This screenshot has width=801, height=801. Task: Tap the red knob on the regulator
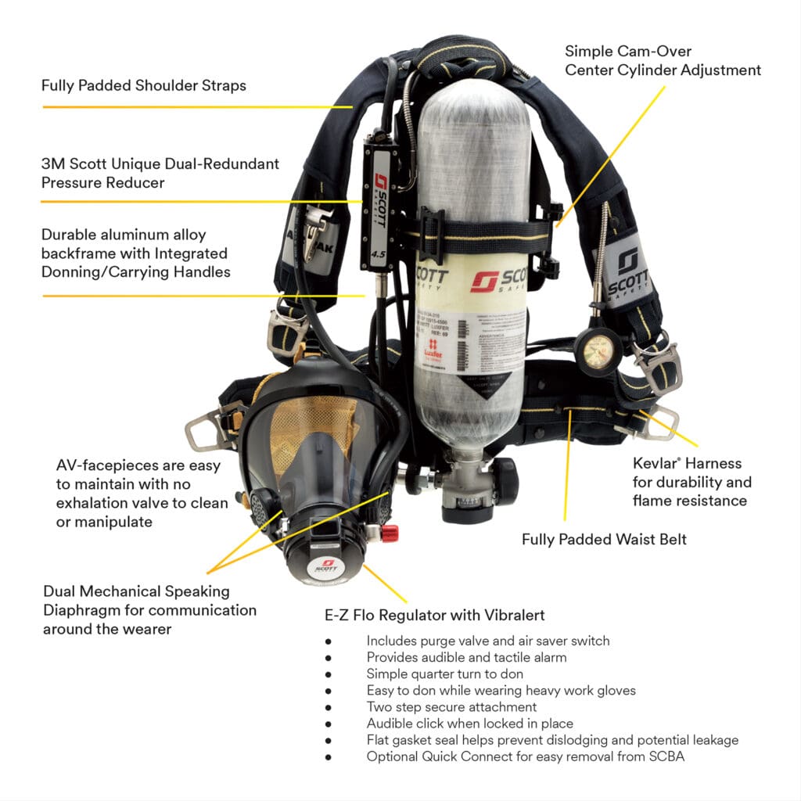point(388,533)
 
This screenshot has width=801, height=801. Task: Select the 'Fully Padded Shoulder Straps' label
point(144,85)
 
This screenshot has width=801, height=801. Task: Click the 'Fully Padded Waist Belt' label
point(604,539)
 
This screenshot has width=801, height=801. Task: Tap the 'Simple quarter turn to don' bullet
point(444,673)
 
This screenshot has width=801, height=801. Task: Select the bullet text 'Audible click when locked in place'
point(469,724)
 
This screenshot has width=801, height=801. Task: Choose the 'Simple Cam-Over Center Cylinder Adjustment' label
point(663,60)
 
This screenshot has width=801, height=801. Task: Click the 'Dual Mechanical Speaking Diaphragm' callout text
point(149,610)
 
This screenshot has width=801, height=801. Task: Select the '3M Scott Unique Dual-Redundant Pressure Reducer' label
point(160,173)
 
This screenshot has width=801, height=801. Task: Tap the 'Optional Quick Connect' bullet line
point(525,756)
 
